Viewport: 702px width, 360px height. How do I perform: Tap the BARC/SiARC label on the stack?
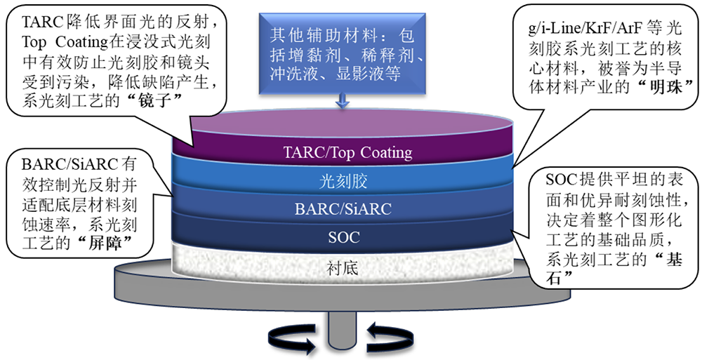click(x=344, y=208)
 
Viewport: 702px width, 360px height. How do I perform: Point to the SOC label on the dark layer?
click(x=344, y=237)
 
